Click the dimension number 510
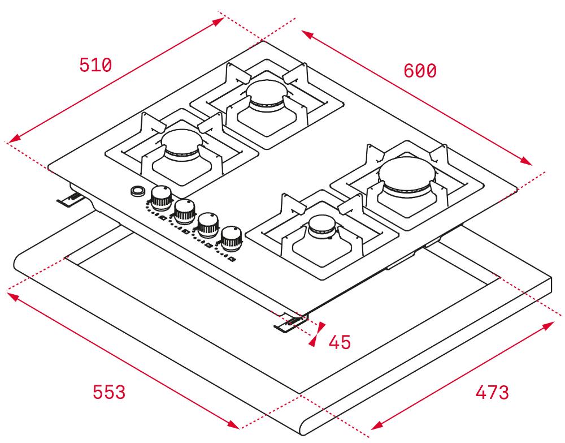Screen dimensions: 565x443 click(x=95, y=65)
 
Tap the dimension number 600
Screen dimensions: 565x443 click(x=420, y=71)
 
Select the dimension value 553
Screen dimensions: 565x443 click(x=109, y=392)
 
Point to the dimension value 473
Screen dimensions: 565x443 click(x=492, y=392)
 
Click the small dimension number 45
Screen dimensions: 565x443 click(x=340, y=342)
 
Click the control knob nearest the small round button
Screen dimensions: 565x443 click(x=161, y=197)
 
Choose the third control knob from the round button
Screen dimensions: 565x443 click(x=208, y=225)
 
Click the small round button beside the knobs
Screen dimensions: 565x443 click(x=137, y=191)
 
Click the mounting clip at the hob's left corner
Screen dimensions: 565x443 click(x=71, y=199)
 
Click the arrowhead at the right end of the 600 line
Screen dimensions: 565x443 click(x=526, y=161)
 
